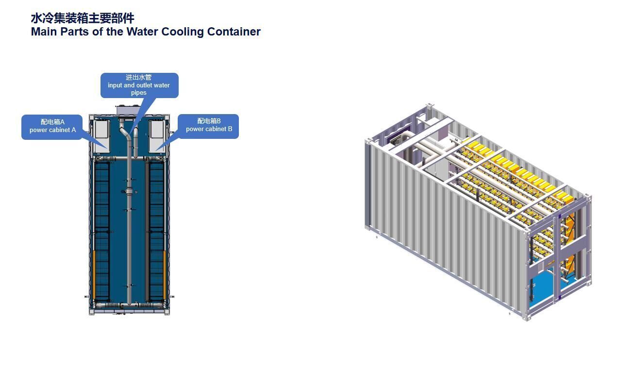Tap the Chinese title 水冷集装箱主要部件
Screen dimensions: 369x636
82,18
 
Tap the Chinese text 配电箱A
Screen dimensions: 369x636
52,122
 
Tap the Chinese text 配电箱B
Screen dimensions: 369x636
209,121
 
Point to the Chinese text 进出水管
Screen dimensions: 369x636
139,77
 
